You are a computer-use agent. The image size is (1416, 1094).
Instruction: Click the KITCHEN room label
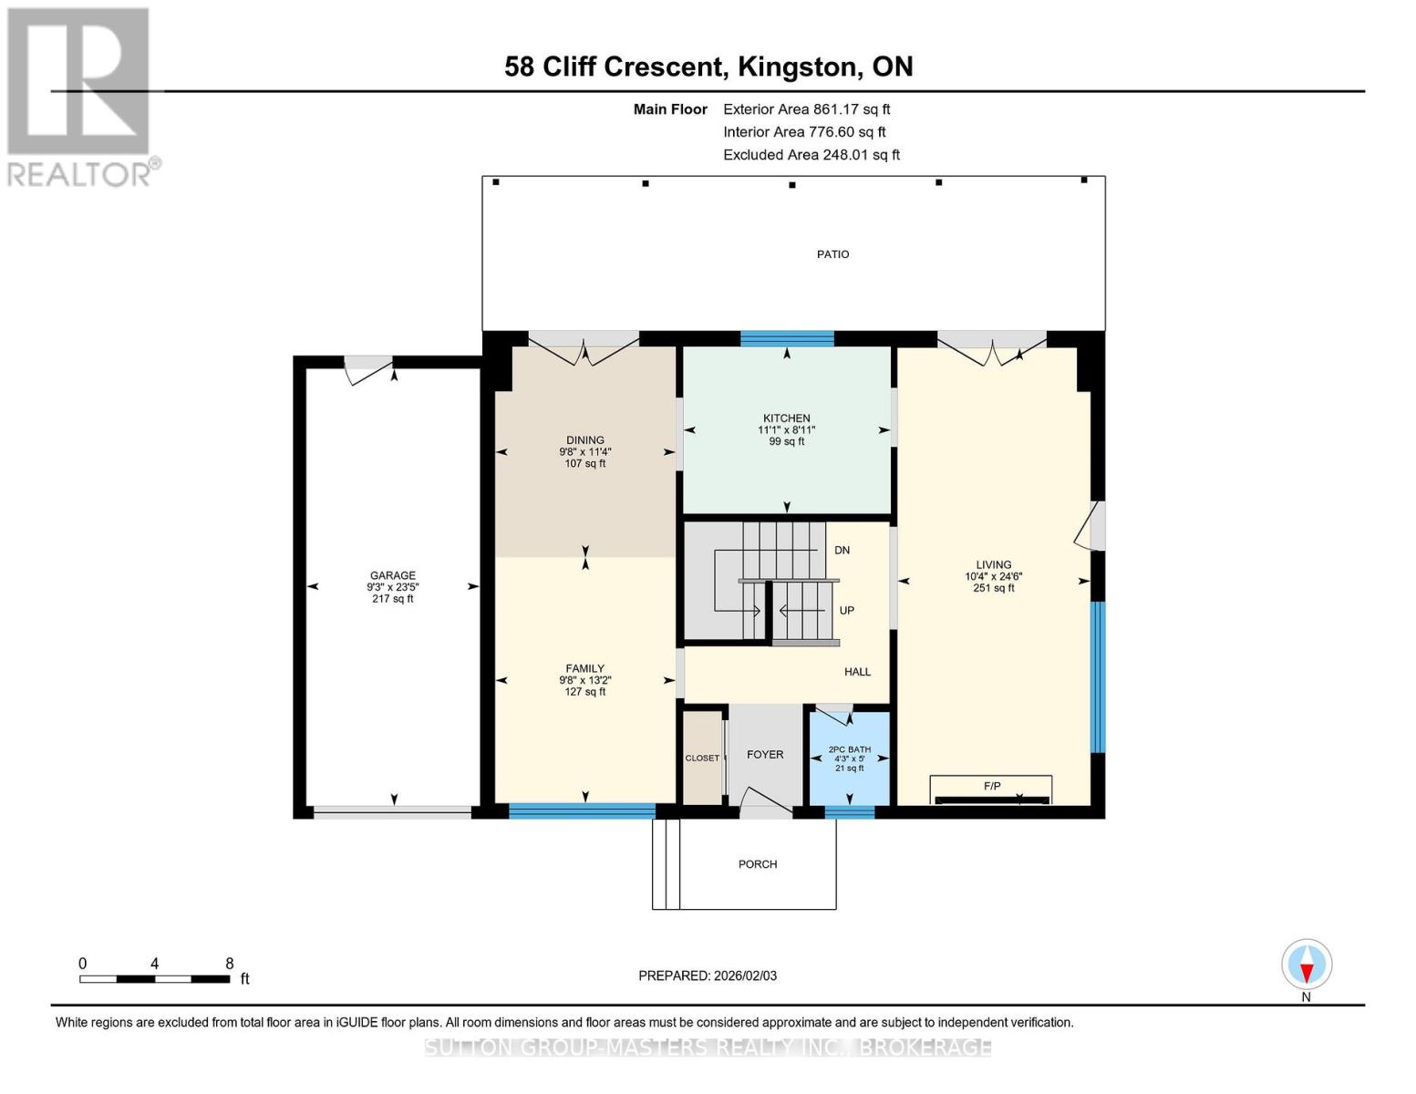(786, 418)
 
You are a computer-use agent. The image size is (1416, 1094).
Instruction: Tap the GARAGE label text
(393, 575)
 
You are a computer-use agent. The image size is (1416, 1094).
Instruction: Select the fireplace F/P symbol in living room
(991, 786)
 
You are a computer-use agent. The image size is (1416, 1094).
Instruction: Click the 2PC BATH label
(849, 749)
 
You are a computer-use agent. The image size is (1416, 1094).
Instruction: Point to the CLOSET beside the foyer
(702, 759)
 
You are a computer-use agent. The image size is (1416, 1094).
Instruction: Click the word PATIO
(832, 254)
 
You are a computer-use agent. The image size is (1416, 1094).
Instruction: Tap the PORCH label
(758, 864)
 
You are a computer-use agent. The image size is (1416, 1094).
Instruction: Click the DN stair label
(842, 551)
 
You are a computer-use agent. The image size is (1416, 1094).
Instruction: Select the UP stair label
(846, 611)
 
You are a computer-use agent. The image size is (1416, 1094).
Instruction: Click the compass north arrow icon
(1307, 965)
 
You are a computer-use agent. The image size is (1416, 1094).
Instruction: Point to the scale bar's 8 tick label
(229, 964)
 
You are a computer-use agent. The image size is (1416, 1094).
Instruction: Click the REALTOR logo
(81, 97)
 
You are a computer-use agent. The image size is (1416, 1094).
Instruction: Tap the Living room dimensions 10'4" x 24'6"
(994, 576)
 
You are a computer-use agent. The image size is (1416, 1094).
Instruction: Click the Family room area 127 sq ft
(584, 692)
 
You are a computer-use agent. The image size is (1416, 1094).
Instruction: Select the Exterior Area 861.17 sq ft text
(806, 109)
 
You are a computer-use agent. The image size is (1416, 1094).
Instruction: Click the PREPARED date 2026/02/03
(707, 975)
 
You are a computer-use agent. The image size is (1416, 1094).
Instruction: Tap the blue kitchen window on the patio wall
(787, 339)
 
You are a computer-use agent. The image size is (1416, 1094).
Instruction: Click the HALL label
(857, 672)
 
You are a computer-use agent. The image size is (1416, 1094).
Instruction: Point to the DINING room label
(584, 440)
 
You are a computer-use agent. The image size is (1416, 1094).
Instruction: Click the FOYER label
(765, 755)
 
